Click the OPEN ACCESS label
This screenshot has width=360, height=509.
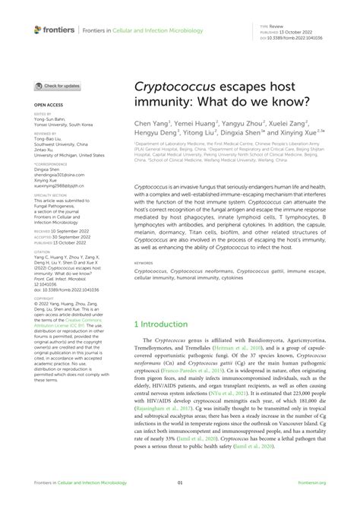tap(48, 103)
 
